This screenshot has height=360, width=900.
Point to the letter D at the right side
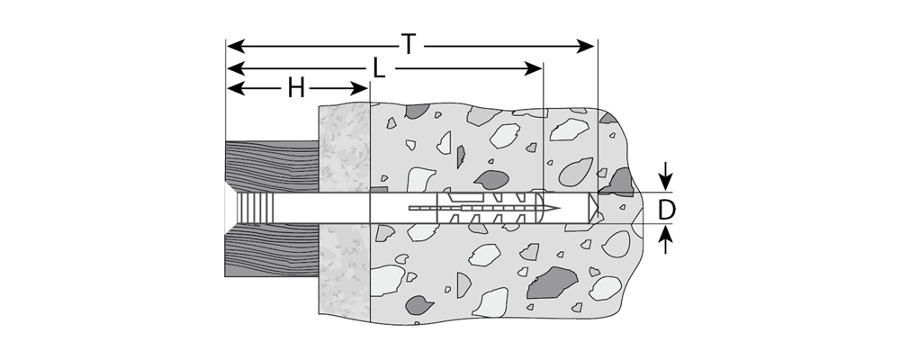[666, 209]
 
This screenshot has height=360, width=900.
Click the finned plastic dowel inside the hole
[490, 210]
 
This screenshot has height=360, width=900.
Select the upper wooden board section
[270, 166]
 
